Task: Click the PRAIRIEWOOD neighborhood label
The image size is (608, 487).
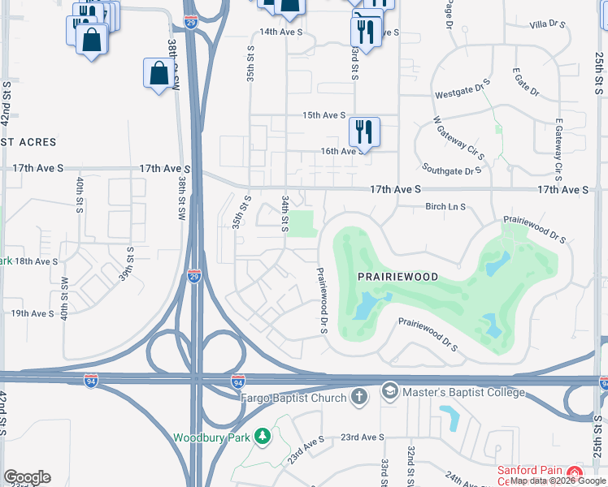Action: coord(398,277)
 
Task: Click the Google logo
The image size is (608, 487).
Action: coord(27,477)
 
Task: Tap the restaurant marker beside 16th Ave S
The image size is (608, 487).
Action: coord(363,131)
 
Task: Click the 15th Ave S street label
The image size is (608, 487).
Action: coord(324,116)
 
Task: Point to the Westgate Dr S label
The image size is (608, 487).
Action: coord(463,88)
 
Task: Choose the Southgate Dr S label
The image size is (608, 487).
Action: coord(452,170)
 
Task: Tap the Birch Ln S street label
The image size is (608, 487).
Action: coord(445,207)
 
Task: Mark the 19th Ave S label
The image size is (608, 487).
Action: coord(33,313)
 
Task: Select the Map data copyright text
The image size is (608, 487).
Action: coord(558,481)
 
